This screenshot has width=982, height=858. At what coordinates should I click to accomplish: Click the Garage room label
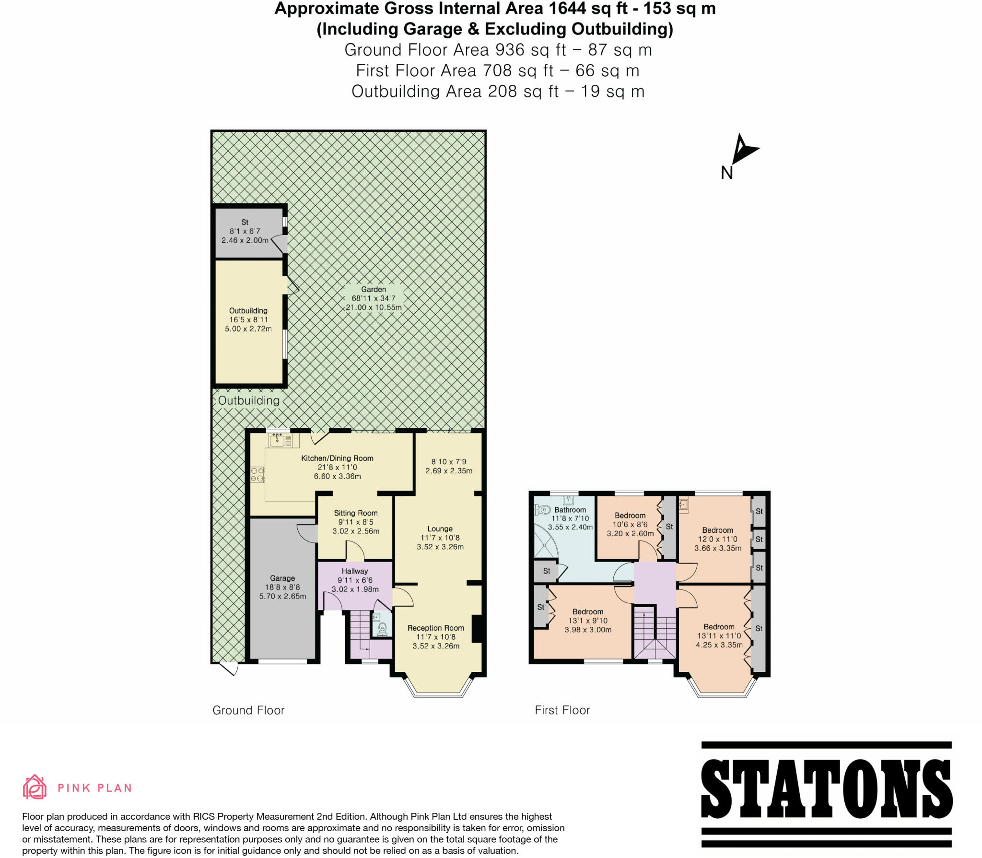[x=282, y=578]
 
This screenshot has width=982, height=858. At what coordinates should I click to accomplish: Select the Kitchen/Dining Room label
[x=337, y=458]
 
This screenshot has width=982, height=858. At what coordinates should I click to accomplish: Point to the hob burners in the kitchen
[x=257, y=474]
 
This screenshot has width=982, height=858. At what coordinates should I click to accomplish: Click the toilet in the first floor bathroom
[x=543, y=509]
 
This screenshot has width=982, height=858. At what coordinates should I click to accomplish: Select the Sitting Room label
[x=356, y=513]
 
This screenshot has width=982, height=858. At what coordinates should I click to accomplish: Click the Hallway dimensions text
[x=355, y=585]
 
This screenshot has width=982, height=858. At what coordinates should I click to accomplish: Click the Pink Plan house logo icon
[x=35, y=787]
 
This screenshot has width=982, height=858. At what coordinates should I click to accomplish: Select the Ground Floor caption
[x=248, y=710]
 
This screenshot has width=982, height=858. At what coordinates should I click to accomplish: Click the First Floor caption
[x=562, y=710]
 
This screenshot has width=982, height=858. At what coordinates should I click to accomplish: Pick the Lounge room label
[x=440, y=529]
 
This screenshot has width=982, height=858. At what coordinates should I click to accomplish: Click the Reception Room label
[x=436, y=628]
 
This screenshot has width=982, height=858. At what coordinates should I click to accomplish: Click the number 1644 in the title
[x=604, y=9]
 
